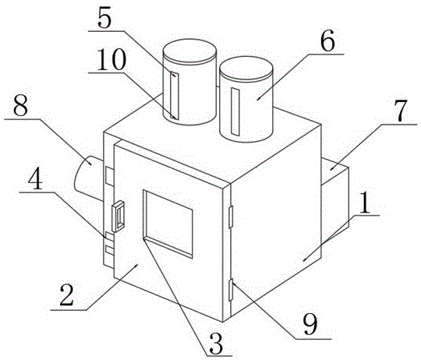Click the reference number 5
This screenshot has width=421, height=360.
click(104, 19)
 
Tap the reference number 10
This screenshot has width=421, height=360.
click(111, 59)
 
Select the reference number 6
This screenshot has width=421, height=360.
click(327, 41)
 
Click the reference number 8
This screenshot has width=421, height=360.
click(20, 106)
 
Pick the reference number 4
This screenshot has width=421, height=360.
click(35, 179)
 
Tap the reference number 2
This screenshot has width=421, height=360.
click(67, 295)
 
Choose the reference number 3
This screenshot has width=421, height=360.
click(217, 344)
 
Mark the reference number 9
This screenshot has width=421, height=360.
click(310, 324)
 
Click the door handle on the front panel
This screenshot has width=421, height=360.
click(119, 216)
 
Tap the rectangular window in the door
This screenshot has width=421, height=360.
click(168, 224)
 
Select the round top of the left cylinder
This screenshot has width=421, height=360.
click(189, 51)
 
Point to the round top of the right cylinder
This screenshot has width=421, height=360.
click(246, 68)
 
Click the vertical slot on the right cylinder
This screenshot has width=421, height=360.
click(235, 111)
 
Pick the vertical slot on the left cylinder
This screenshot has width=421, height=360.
click(174, 96)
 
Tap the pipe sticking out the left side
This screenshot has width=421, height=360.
click(89, 177)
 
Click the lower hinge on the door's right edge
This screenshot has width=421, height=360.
click(230, 290)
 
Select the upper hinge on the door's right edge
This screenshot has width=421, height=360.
click(230, 217)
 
